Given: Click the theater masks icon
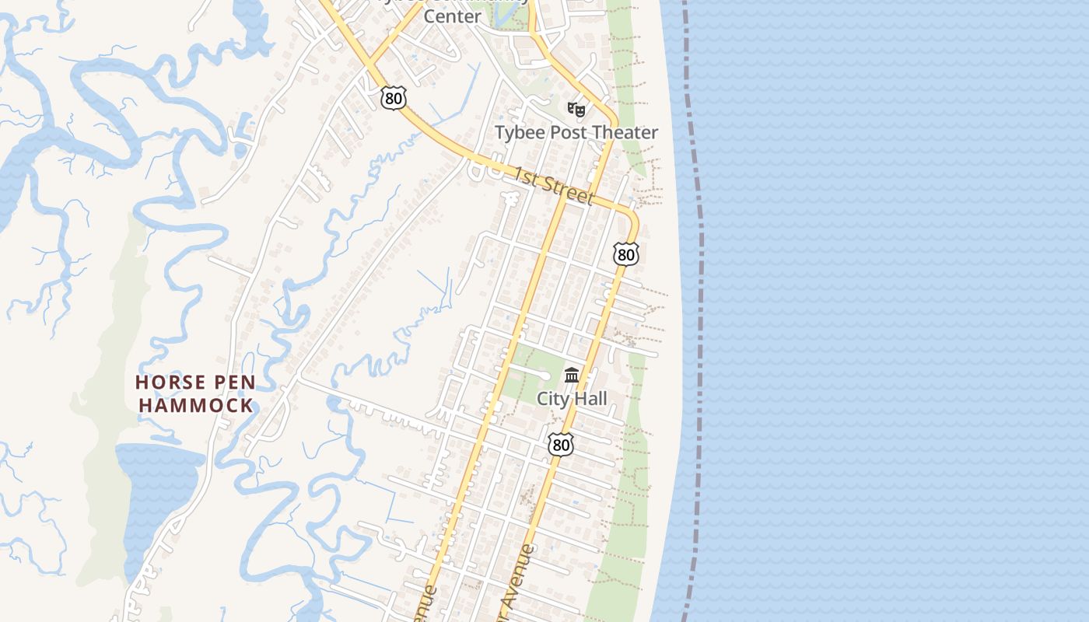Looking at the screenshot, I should [576, 110].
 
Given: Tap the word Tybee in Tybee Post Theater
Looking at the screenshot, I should [520, 133].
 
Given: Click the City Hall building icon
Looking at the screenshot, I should [572, 376].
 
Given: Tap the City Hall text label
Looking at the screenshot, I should [572, 399].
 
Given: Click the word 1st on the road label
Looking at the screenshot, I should [525, 178].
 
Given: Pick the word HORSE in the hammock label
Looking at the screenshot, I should [173, 383].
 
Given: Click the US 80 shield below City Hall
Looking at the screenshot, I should [560, 445].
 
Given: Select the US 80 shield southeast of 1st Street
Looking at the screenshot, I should [625, 253].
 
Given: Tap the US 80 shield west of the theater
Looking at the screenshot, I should [394, 98].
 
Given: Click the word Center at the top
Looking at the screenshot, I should [452, 16].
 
